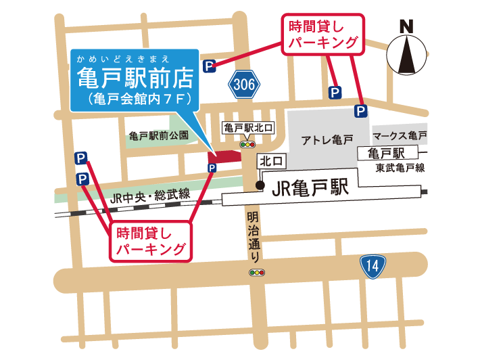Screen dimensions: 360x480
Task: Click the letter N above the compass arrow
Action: coord(406,27)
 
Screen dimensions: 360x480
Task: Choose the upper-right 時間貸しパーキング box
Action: coord(322,35)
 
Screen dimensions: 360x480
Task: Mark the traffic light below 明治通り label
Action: coord(258,273)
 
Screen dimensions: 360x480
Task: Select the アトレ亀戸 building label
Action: coord(327,140)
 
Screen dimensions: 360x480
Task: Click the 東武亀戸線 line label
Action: coord(400,167)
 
